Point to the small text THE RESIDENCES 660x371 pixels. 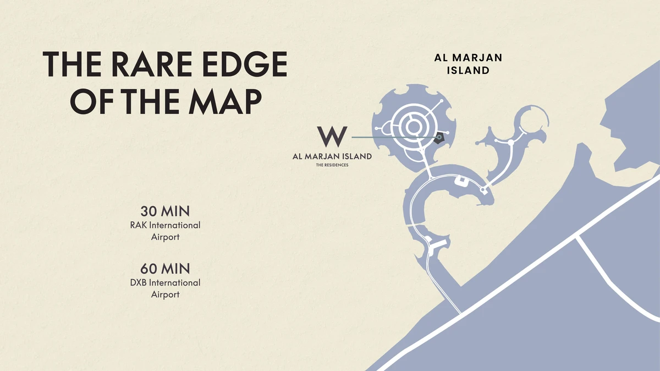click(x=332, y=165)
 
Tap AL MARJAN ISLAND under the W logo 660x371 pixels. click(x=332, y=156)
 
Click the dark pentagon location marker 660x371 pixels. click(x=438, y=138)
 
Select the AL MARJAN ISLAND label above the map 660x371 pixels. click(x=468, y=64)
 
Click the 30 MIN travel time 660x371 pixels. click(x=165, y=211)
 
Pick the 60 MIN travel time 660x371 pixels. click(x=165, y=269)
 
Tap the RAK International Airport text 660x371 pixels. click(x=165, y=231)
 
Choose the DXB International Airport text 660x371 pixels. click(x=165, y=288)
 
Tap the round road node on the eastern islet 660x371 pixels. click(x=510, y=143)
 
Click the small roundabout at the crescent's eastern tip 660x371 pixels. click(x=483, y=190)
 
